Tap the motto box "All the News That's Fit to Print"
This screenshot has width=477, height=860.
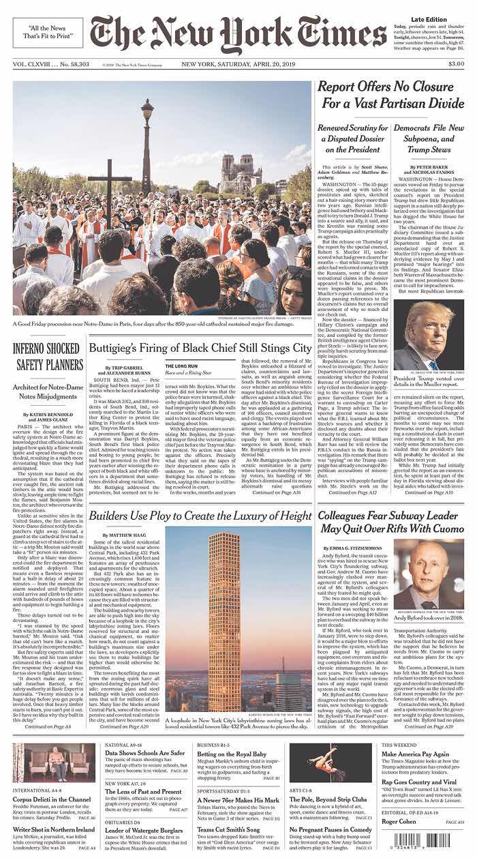tap(48, 33)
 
